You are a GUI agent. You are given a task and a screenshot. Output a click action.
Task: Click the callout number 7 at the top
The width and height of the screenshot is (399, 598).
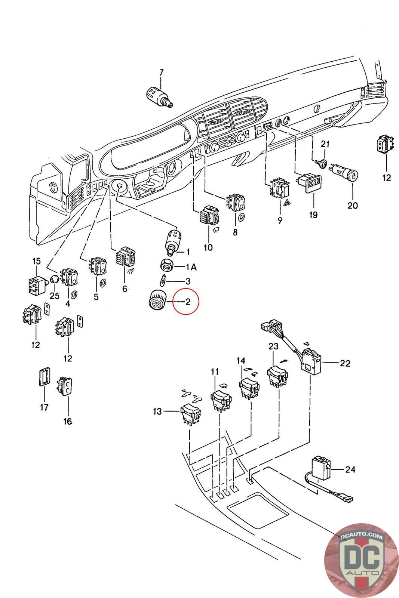[161, 73]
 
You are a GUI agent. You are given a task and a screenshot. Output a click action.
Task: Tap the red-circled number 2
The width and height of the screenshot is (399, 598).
[188, 302]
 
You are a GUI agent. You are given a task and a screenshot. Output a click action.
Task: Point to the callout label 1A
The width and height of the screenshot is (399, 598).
[191, 267]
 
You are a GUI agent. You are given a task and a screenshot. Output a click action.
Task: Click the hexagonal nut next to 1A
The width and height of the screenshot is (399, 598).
[167, 265]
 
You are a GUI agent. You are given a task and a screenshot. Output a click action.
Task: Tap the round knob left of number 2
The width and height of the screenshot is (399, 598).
[157, 300]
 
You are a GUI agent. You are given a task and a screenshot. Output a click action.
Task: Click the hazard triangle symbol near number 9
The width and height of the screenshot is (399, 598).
[288, 203]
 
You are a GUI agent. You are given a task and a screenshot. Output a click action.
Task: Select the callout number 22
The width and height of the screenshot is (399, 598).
[345, 363]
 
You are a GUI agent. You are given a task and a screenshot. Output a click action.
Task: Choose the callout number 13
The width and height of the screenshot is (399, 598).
[157, 411]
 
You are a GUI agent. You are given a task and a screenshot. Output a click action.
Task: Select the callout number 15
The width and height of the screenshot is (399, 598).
[37, 261]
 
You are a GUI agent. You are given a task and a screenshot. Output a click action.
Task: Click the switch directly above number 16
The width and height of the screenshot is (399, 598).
[64, 386]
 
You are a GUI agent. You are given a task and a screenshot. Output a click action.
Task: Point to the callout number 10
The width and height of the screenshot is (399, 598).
[208, 247]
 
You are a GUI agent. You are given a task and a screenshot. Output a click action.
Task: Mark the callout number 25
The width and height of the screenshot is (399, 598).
[55, 296]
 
